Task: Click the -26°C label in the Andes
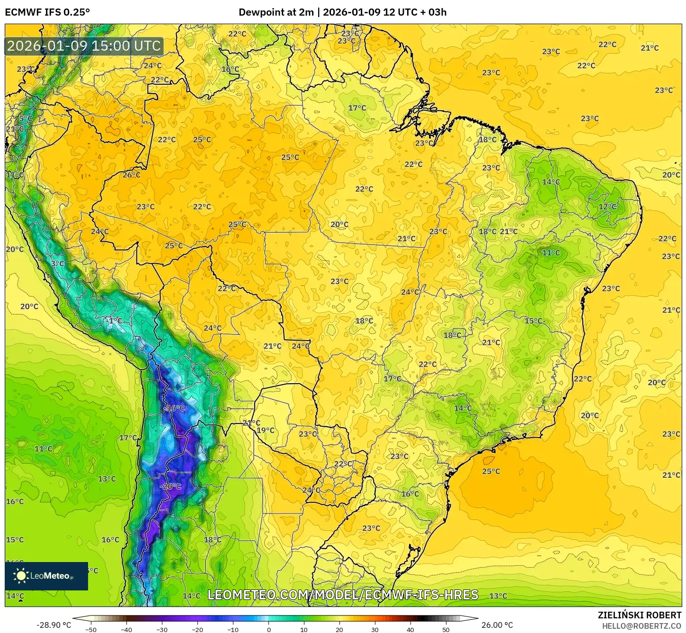(x=170, y=486)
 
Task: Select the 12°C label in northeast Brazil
(x=607, y=207)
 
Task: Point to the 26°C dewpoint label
(x=131, y=175)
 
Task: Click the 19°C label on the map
(x=266, y=431)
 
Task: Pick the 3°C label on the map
(x=58, y=264)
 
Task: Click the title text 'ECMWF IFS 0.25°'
(x=47, y=12)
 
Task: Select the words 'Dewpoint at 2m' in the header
(x=276, y=12)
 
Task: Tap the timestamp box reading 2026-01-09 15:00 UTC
(x=84, y=46)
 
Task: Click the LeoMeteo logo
(x=46, y=576)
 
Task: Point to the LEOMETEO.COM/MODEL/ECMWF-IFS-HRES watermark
(x=343, y=595)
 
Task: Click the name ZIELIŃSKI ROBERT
(x=639, y=615)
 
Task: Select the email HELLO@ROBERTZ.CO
(x=641, y=626)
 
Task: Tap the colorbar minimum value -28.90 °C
(x=53, y=625)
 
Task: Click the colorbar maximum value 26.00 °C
(x=497, y=625)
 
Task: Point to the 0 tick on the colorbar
(x=268, y=630)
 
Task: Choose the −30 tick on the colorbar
(x=162, y=630)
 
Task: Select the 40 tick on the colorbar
(x=410, y=630)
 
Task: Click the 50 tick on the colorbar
(x=445, y=630)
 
